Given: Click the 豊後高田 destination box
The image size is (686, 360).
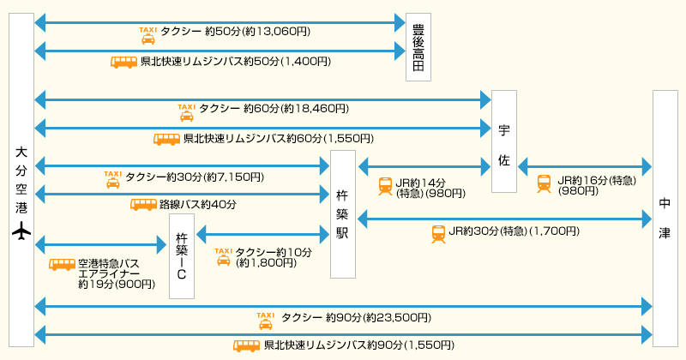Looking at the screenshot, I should [x=418, y=48].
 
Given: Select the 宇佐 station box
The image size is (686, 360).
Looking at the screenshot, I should [x=504, y=141].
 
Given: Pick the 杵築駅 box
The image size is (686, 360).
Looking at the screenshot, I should [x=343, y=214].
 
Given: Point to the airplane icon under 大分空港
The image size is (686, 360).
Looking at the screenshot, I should [x=21, y=231].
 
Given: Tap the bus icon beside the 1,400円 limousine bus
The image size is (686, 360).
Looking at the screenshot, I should [x=124, y=62].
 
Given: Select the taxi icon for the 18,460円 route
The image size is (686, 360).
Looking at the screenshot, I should [x=185, y=112].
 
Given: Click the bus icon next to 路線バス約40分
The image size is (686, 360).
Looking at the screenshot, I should [x=142, y=204].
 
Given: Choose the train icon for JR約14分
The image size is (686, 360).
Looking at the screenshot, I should [x=386, y=185].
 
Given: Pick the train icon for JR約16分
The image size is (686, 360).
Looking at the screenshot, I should [x=544, y=183].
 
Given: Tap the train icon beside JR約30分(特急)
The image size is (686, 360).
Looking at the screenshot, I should [x=438, y=233].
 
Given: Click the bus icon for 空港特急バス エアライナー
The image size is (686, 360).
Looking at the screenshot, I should [x=62, y=265].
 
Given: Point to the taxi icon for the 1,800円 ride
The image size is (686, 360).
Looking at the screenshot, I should [x=223, y=255].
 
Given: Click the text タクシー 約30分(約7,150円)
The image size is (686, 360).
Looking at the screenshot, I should [x=195, y=177].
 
